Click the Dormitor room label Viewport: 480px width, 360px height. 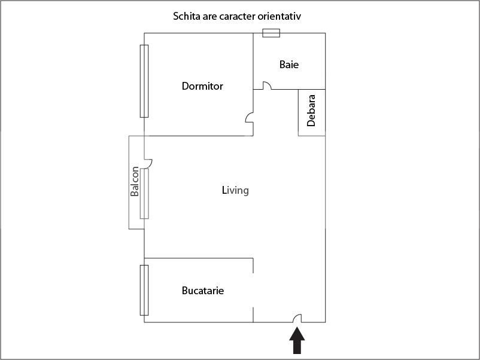tap(202, 86)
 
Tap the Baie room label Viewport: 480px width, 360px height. tap(289, 65)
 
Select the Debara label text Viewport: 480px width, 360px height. tap(311, 110)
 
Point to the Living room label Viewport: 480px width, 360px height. tap(235, 191)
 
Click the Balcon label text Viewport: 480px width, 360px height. tap(135, 182)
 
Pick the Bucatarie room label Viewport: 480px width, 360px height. tap(203, 291)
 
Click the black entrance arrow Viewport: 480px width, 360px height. tap(297, 342)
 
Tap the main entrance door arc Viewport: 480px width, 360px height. tap(297, 319)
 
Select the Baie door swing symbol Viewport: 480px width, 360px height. tap(266, 86)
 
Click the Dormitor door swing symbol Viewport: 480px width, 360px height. tap(249, 118)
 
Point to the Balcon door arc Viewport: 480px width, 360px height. tap(148, 162)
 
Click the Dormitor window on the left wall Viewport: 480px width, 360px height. tap(144, 81)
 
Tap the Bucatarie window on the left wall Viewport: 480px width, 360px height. tap(144, 290)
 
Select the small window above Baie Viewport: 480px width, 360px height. tap(271, 33)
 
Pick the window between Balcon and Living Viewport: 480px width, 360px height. tap(144, 193)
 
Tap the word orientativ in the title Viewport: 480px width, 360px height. tap(280, 16)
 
